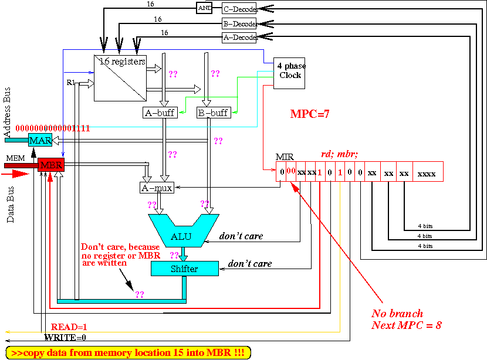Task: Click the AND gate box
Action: [x=204, y=8]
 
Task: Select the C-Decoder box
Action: [x=239, y=9]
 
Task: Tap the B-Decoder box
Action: [x=239, y=24]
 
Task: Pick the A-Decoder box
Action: [x=239, y=38]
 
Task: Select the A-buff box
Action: [x=160, y=112]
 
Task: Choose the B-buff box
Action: [x=213, y=112]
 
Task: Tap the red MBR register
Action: [x=50, y=165]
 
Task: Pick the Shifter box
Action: [x=185, y=268]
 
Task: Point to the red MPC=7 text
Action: [x=310, y=114]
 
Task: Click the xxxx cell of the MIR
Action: [x=426, y=173]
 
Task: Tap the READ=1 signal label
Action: [x=69, y=327]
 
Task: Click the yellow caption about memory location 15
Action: [x=128, y=353]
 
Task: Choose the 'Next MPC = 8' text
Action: [x=407, y=325]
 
